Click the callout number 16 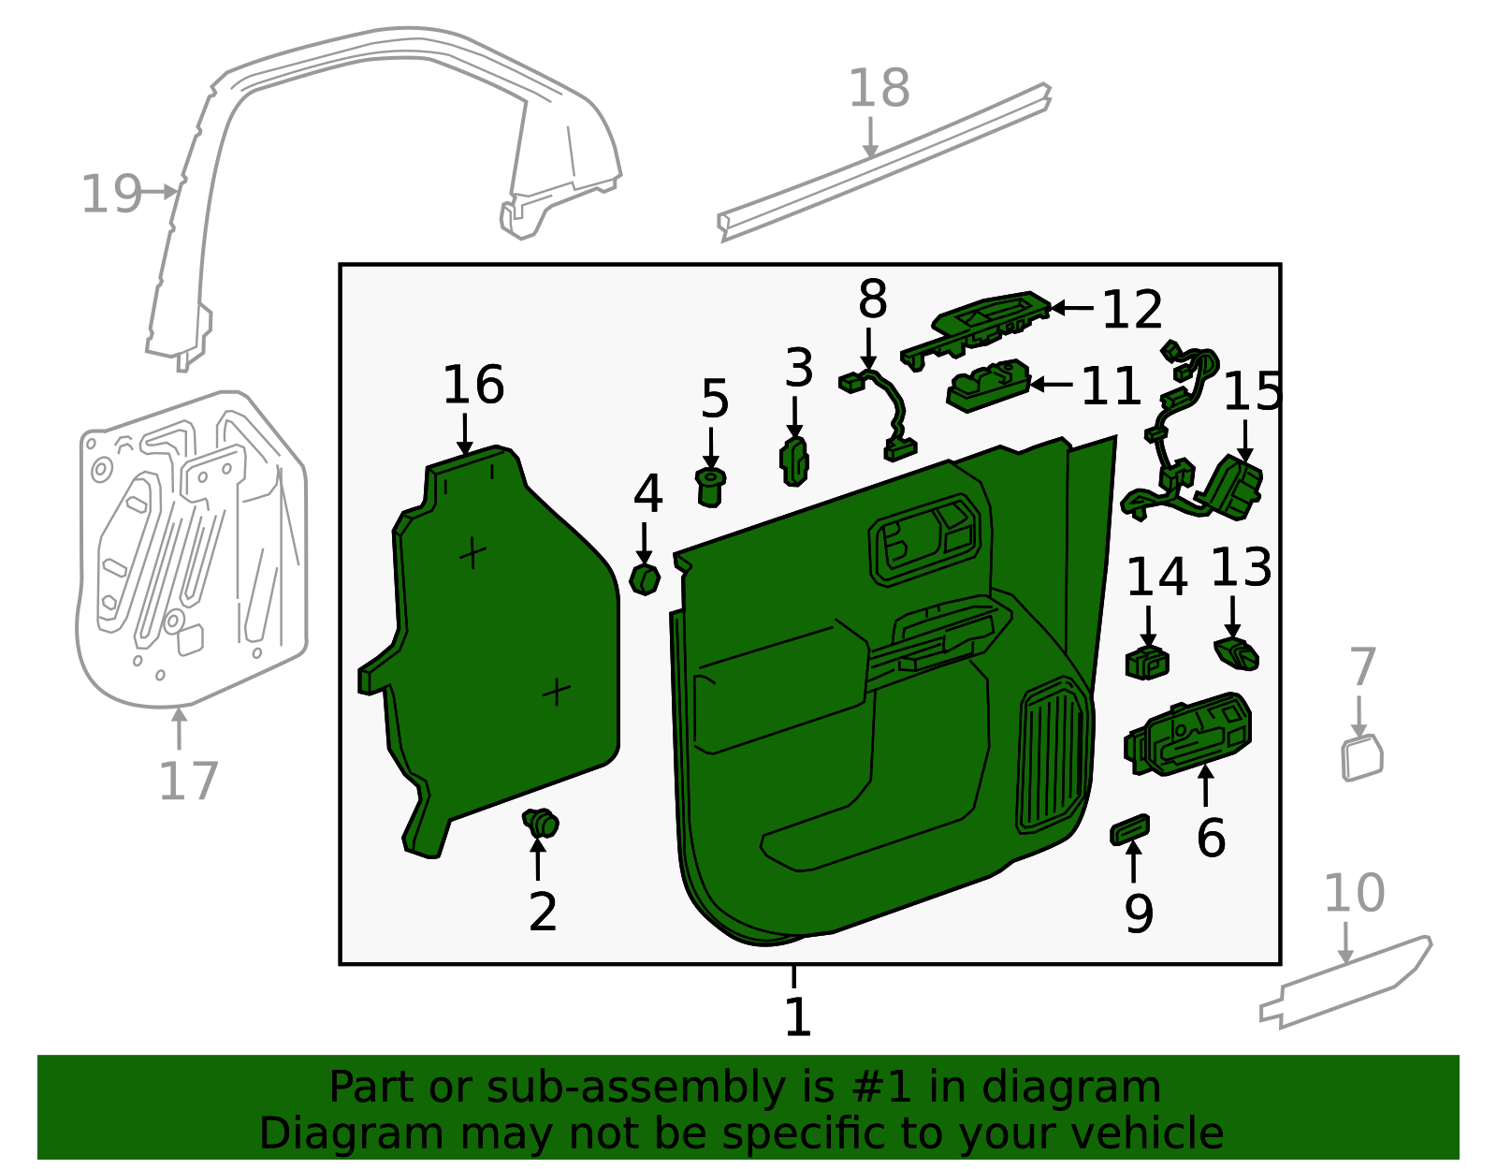[473, 385]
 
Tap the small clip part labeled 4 [645, 579]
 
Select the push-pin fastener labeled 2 [542, 824]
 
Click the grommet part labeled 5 [711, 487]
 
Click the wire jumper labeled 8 [884, 412]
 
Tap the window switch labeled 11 [988, 384]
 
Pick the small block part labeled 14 [1147, 662]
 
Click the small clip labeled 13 [1237, 653]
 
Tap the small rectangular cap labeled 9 [1129, 829]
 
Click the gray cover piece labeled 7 [1361, 758]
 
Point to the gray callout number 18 [879, 89]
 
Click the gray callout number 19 [110, 195]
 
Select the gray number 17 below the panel [188, 782]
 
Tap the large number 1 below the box [796, 1017]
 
